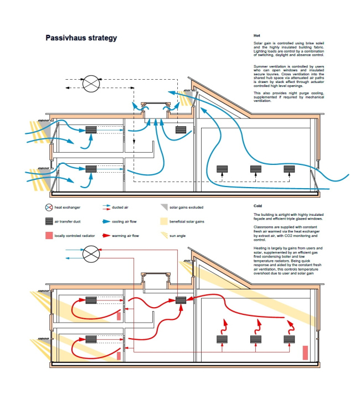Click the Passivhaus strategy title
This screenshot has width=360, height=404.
81,38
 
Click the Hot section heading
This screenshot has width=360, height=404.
256,35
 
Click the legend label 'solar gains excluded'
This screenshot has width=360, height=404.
186,208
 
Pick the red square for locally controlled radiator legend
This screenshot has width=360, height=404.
49,236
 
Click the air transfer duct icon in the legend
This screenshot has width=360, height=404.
49,221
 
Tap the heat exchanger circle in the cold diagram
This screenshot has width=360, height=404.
91,255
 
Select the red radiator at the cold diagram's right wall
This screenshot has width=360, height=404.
305,353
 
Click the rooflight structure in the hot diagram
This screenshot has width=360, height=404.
154,107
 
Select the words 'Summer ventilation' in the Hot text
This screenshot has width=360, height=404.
270,66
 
